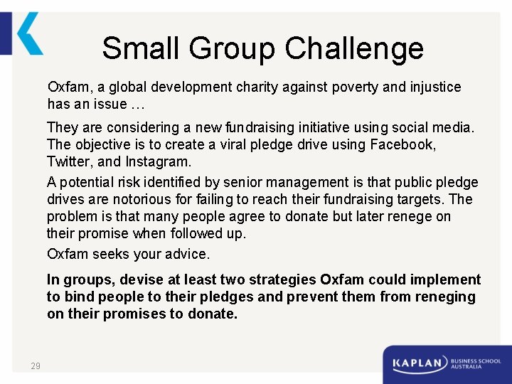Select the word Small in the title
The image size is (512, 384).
point(137,49)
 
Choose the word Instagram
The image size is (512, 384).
point(158,161)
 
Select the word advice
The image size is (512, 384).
point(185,254)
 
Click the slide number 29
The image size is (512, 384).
point(36,366)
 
